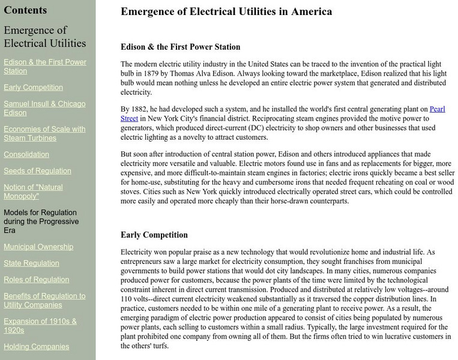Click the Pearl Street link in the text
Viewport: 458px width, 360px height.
coord(436,109)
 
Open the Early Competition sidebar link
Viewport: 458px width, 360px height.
coord(33,88)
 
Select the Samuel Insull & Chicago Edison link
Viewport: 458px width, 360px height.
coord(44,109)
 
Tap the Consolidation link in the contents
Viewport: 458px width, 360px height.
coord(26,154)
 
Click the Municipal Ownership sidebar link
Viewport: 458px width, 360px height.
coord(38,247)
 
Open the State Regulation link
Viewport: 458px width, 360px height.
coord(31,263)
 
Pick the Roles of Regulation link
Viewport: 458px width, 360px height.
coord(36,280)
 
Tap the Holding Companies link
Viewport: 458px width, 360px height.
coord(36,346)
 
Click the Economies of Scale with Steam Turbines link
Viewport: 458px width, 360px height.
coord(44,133)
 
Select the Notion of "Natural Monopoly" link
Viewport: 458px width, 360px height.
coord(34,191)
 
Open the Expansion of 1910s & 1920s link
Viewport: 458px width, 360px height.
coord(40,325)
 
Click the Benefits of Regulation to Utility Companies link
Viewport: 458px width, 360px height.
coord(44,301)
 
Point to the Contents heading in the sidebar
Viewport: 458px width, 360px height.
coord(25,10)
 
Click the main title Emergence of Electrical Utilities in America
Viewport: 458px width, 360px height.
coord(226,11)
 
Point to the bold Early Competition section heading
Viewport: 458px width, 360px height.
coord(154,235)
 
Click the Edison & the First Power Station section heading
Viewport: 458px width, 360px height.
coord(180,47)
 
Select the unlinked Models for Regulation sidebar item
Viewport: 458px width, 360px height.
coord(40,221)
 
